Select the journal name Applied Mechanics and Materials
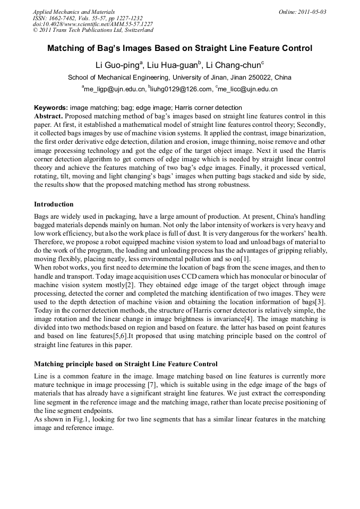(x=74, y=12)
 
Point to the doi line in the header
(x=93, y=24)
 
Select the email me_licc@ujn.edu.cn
(x=248, y=90)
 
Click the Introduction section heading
(x=54, y=204)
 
